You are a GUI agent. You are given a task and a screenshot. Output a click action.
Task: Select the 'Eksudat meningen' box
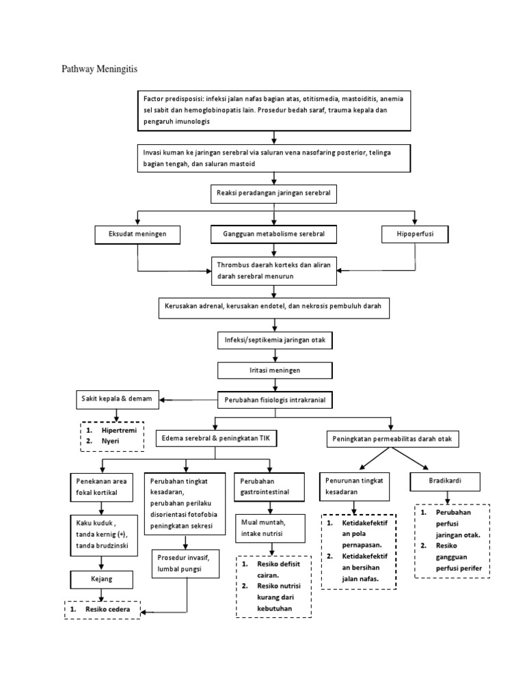pyautogui.click(x=138, y=234)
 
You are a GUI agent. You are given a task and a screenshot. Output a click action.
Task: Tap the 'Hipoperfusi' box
pyautogui.click(x=415, y=234)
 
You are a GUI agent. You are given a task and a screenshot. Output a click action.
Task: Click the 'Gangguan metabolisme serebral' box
pyautogui.click(x=274, y=234)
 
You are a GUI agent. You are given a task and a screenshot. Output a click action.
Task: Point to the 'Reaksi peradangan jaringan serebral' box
pyautogui.click(x=274, y=194)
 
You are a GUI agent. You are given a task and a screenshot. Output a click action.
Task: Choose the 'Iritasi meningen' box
pyautogui.click(x=274, y=370)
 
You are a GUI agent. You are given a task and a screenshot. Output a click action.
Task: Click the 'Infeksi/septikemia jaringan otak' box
pyautogui.click(x=274, y=340)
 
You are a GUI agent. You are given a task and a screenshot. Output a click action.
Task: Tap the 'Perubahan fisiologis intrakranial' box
pyautogui.click(x=275, y=399)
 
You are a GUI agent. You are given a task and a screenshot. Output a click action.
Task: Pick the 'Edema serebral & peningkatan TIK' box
pyautogui.click(x=215, y=437)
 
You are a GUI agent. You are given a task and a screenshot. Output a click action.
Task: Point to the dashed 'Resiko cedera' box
pyautogui.click(x=103, y=609)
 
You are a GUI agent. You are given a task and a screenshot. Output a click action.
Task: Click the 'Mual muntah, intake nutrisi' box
pyautogui.click(x=273, y=528)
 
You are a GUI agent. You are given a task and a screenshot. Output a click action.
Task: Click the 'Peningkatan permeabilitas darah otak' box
pyautogui.click(x=392, y=437)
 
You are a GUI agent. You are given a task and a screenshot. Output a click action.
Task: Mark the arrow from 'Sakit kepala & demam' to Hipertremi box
pyautogui.click(x=116, y=414)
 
